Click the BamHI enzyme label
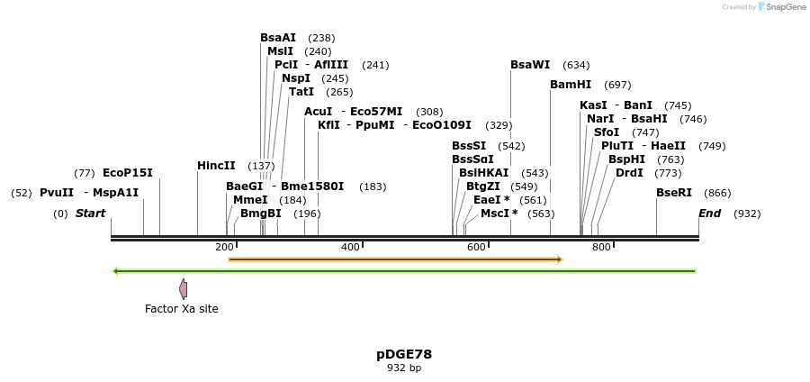point(571,85)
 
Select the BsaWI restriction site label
point(530,65)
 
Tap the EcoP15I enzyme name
point(128,173)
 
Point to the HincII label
point(216,166)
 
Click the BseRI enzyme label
point(674,193)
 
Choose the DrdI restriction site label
point(629,173)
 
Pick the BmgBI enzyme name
point(261,214)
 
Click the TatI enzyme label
point(301,92)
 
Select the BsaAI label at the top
point(278,38)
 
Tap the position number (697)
point(617,85)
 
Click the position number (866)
point(717,193)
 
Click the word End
point(710,214)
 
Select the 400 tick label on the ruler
point(350,247)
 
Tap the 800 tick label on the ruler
point(601,247)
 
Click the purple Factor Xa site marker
point(184,289)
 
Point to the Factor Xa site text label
point(182,309)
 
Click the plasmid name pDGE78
point(404,354)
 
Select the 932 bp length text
point(404,368)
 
